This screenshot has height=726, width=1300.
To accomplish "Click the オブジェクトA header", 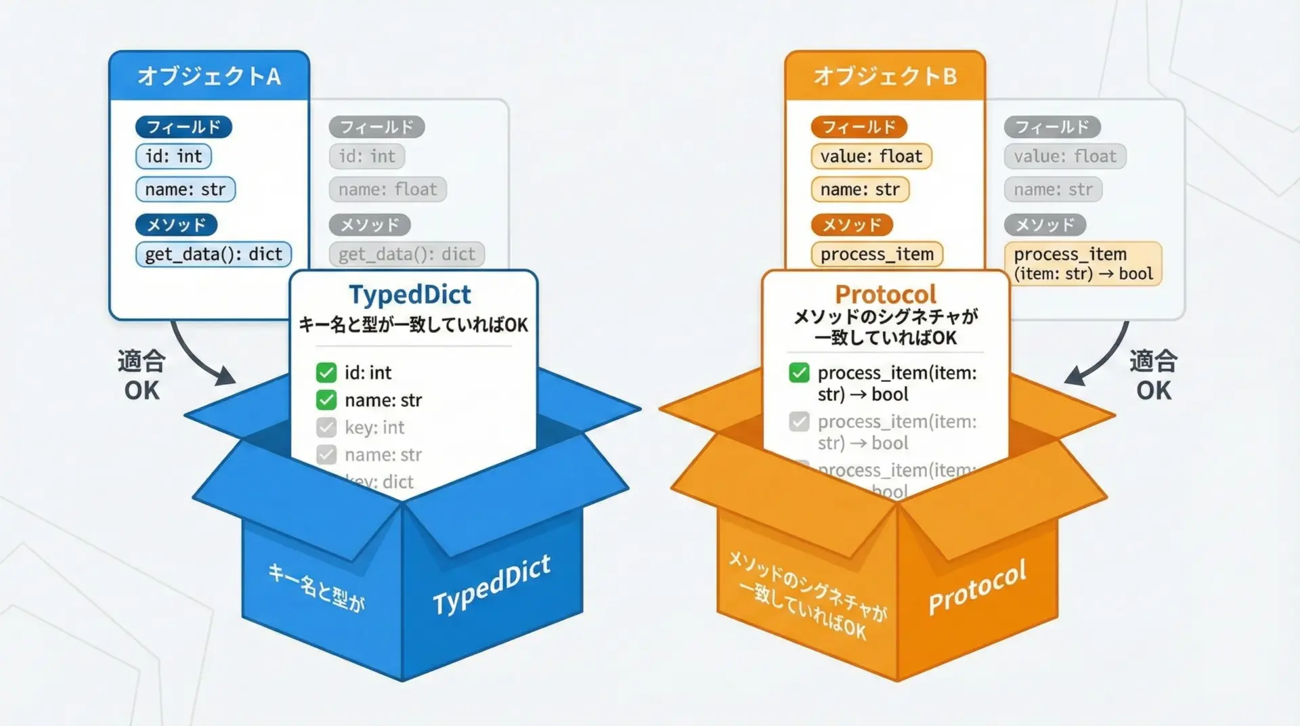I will coord(209,76).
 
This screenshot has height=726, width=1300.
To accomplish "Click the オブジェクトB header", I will coord(885,76).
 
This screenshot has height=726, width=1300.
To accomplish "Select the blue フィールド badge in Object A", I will coord(183,127).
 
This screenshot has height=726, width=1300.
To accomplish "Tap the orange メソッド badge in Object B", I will coord(852,225).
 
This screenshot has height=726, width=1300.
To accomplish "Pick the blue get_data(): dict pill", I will coord(213,254).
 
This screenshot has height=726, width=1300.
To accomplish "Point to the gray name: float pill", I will coord(388,190).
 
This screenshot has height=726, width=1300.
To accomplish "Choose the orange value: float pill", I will coord(871,156).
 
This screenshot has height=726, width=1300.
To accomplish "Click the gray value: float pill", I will coord(1065,156).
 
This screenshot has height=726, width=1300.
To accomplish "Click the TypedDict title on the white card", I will coord(410,295).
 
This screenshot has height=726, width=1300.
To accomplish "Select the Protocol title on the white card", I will coord(886,295).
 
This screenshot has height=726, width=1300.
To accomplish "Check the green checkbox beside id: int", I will coord(326,372).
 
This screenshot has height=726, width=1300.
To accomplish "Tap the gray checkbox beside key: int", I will coord(326,427).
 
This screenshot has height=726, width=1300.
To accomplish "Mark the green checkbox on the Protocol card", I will coord(799,372).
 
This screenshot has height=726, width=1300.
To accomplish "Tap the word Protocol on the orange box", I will coord(977,587).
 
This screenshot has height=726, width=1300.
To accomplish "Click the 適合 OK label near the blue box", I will coord(142,375).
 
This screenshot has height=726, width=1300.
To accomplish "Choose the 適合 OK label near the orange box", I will coord(1153,375).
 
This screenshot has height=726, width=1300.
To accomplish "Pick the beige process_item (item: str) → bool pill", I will coord(1083,263).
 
